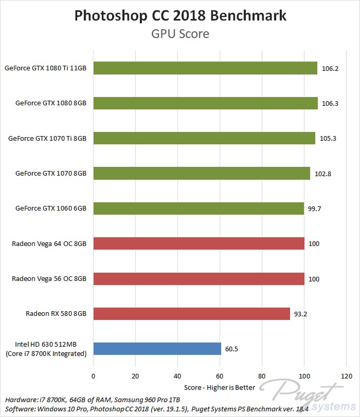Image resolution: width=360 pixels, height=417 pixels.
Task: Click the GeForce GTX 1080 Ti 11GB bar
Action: (205, 68)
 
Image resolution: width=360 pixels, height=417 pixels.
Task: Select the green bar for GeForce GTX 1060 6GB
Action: (198, 208)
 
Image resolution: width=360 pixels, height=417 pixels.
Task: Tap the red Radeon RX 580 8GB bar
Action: (191, 314)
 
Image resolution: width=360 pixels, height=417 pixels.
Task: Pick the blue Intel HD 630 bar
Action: (157, 349)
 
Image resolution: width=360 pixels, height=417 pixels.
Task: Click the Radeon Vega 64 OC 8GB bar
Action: (199, 243)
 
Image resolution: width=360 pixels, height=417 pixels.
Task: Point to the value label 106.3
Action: (330, 104)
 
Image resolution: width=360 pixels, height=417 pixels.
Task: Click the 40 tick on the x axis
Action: (178, 376)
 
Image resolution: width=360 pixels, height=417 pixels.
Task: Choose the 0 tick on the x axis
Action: (93, 376)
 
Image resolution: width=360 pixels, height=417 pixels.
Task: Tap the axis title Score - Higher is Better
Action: (220, 387)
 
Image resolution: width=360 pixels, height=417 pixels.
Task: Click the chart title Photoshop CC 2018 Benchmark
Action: (180, 16)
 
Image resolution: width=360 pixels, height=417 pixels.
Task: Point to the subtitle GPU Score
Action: (180, 34)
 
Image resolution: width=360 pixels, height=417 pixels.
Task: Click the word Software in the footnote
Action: (20, 409)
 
